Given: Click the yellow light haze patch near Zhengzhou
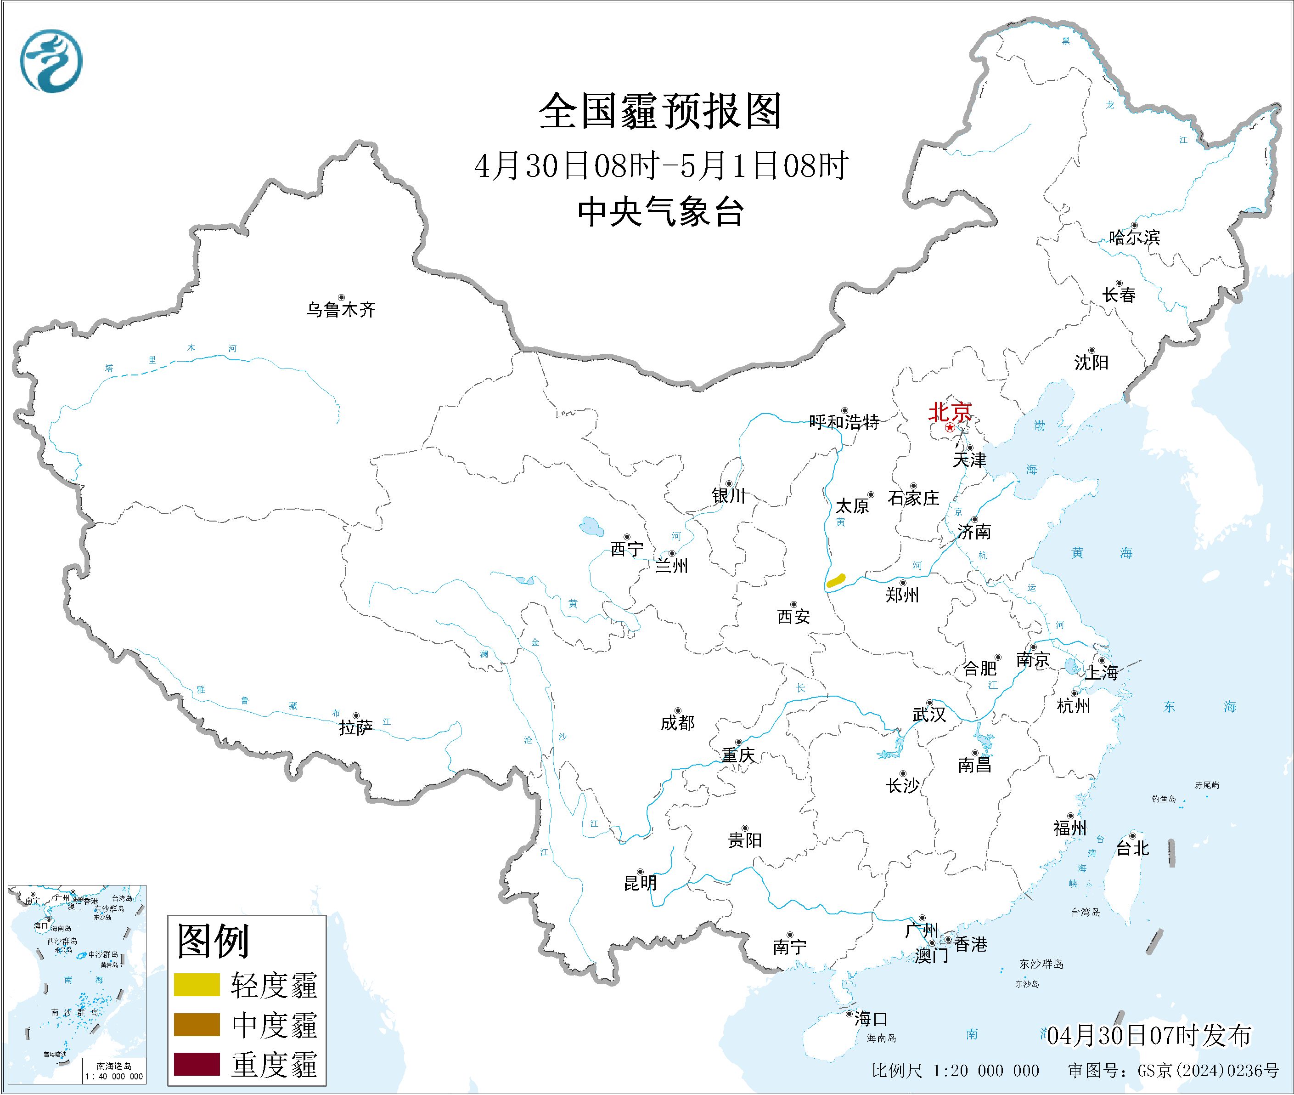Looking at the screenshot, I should coord(836,580).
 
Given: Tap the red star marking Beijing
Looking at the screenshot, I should coord(950,428).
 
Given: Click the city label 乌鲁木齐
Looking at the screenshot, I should coord(341,309).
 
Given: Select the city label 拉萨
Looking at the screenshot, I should coord(355,727).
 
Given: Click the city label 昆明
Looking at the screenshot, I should coord(640,883).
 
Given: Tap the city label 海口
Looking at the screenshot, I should coord(871,1019).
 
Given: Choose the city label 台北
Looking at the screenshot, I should coord(1133,848).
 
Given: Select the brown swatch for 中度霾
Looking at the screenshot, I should coord(197,1024).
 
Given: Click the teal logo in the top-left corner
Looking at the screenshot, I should coord(51,61).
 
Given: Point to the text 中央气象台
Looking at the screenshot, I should coord(661,212).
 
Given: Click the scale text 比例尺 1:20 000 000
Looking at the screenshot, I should coord(955,1070).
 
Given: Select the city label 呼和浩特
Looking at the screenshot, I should coord(844,423).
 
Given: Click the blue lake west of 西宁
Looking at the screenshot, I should coord(591,527).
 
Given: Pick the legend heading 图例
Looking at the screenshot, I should coord(213,941).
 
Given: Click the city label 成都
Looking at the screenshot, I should coord(677,722).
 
